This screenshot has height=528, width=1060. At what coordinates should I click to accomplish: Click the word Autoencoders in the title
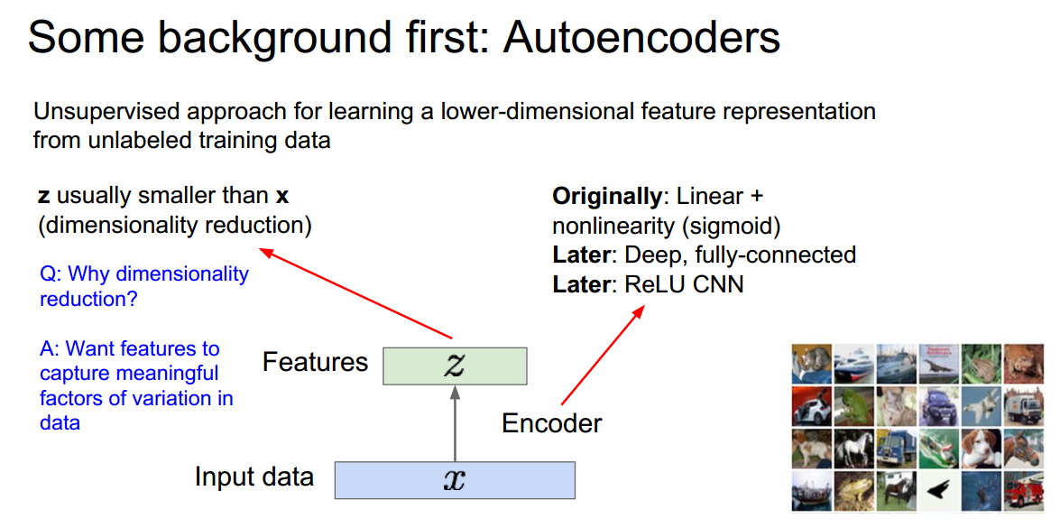coord(641,39)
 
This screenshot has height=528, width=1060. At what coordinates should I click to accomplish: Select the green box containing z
coord(455,366)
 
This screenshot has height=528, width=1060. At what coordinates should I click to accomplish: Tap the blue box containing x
coord(455,479)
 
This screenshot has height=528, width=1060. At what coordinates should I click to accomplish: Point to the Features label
coord(315,363)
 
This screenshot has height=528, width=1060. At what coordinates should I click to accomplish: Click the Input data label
coord(253,477)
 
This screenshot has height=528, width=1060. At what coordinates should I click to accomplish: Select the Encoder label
coord(551,422)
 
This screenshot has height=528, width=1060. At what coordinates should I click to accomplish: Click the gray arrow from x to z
coord(455,424)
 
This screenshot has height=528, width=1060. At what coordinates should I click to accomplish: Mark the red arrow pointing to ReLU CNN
coord(603,355)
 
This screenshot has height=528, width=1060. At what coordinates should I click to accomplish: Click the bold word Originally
coord(607,196)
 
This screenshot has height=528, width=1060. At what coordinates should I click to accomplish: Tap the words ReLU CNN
coord(684,285)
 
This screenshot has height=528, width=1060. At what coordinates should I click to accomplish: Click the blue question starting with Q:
coord(143,286)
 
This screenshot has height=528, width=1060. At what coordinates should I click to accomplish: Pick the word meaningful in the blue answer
coord(173,374)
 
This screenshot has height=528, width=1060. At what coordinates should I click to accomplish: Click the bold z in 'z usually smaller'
coord(43,196)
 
